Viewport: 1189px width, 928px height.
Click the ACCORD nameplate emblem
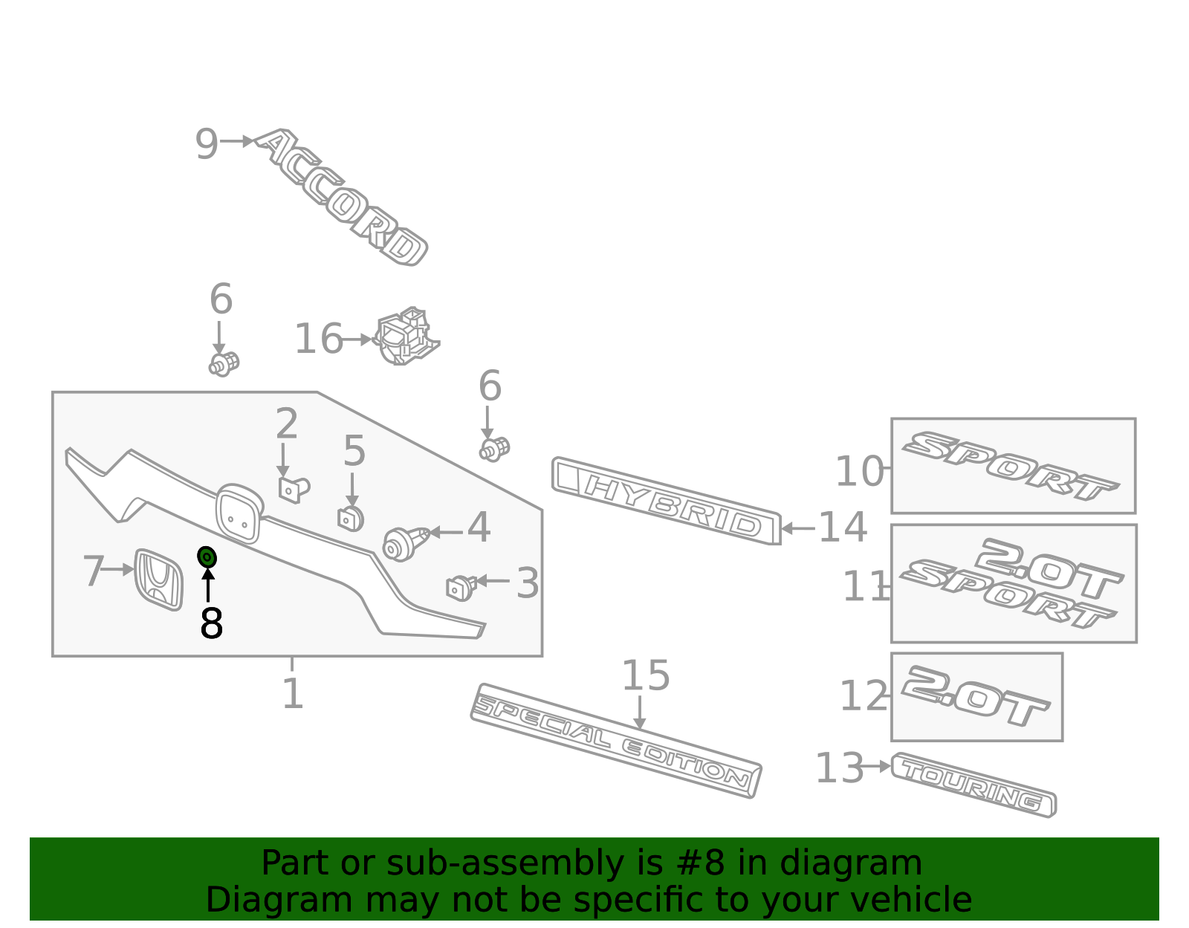342,198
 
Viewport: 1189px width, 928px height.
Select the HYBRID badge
665,501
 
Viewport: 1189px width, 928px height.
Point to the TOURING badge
973,785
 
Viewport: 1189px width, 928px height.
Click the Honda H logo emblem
158,580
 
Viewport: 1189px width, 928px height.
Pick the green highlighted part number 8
207,557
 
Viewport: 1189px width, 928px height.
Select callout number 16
318,339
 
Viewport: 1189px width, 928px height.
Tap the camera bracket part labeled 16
406,337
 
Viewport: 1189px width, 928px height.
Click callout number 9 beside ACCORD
206,143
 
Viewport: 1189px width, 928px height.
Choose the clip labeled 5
351,518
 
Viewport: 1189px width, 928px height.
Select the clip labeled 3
461,587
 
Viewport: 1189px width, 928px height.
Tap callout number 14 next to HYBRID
842,528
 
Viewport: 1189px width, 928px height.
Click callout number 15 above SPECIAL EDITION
645,675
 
